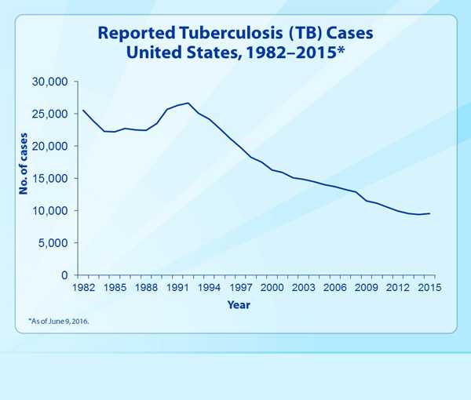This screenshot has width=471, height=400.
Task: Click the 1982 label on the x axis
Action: (83, 288)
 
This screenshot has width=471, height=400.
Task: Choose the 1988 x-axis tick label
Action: (146, 288)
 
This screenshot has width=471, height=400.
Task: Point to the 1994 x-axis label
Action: (209, 288)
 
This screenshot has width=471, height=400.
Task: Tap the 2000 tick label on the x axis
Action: (272, 288)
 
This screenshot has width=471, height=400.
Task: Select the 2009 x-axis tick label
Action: (367, 288)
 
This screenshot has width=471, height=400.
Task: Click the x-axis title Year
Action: (239, 304)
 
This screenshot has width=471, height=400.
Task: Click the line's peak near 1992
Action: (188, 103)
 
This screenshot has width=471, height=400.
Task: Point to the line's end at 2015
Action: (429, 213)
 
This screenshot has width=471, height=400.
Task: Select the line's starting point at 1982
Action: (83, 110)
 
